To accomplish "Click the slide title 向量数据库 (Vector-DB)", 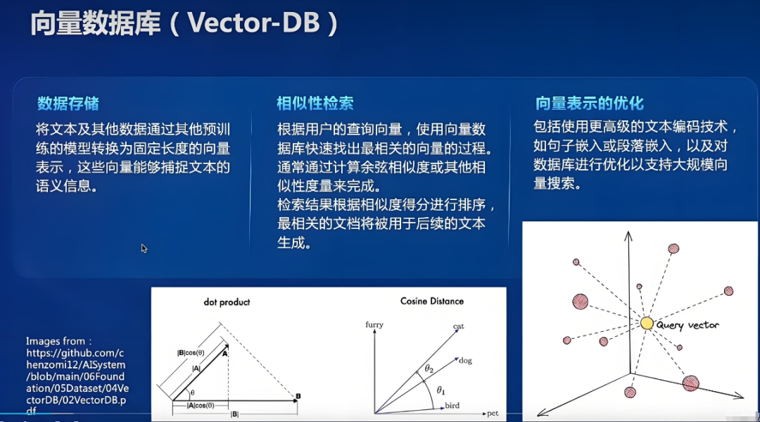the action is coord(184,23).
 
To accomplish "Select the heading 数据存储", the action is coord(68,104).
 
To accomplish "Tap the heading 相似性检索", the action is coord(315,104).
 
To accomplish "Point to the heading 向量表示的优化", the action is coord(590,104).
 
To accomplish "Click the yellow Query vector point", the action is coord(647,323).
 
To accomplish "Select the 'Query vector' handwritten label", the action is coord(688,325).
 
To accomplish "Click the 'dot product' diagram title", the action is coord(227,302).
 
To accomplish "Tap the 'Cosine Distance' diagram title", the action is coord(432,302).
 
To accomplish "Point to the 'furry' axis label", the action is coord(374,325).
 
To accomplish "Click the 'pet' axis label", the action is coord(493,414).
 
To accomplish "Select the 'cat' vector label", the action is coord(459,326).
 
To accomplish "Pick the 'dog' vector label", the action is coord(465,361).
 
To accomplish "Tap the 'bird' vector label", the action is coord(452,406).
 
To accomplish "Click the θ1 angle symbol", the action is coord(441,390).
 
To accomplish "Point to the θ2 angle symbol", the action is coord(429,368).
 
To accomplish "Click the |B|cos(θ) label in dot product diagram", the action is coord(191,353).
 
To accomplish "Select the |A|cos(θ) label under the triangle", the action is coord(201,406).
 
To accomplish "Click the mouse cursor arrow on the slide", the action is coord(144,249).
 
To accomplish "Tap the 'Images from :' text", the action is coord(58,341).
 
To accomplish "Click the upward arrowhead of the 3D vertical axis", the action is coord(628,235).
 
